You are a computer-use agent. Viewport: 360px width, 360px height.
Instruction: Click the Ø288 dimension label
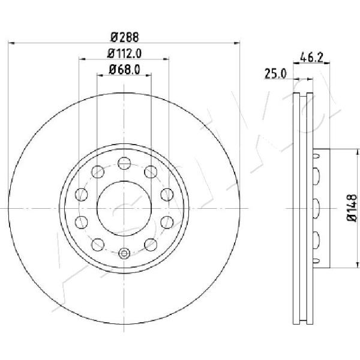[125, 37]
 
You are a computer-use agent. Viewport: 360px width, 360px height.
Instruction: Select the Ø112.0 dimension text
[124, 53]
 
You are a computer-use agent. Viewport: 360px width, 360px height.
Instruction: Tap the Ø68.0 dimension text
[124, 70]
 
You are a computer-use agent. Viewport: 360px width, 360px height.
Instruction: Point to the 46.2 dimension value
[311, 57]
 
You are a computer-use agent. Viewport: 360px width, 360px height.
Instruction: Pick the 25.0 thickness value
[275, 74]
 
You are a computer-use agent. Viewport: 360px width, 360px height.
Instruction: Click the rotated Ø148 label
[352, 208]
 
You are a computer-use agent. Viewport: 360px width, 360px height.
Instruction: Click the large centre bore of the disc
[124, 208]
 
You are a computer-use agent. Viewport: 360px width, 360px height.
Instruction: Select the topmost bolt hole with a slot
[124, 163]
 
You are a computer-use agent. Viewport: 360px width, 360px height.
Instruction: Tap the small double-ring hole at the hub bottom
[124, 253]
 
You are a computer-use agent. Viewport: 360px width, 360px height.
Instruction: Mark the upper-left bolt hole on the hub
[98, 172]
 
